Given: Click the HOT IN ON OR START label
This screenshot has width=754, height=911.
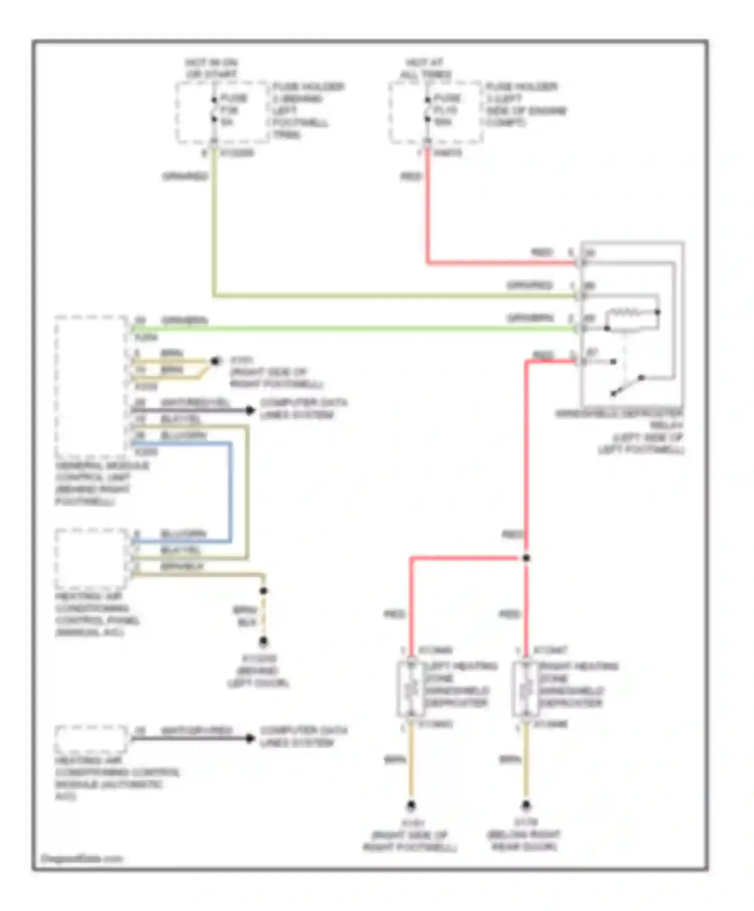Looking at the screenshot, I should pos(211,68).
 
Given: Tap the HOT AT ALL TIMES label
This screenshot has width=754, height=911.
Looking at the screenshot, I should pos(425,68).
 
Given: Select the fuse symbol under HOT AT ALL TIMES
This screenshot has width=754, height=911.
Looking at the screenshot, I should pos(427,109).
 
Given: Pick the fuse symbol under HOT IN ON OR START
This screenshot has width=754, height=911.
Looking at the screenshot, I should pos(214,109).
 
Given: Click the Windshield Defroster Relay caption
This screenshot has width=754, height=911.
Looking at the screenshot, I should pos(619,431).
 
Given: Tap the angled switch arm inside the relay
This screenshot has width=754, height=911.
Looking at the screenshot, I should pos(627,385).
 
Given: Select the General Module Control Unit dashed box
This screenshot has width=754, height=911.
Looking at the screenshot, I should pos(91,386).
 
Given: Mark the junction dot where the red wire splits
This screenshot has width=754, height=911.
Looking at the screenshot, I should pos(526,558).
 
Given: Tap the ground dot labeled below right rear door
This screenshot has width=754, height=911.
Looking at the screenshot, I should pos(526,806).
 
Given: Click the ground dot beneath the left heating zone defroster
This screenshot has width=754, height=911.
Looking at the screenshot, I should pos(411,806).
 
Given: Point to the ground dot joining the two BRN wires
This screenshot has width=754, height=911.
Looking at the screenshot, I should pos(216,361).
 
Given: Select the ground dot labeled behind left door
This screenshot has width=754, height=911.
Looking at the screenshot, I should pos(263,642).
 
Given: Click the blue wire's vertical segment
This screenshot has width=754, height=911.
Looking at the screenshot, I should pos(231,492).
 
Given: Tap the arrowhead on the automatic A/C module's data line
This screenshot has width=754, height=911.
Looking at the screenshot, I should pos(250,738).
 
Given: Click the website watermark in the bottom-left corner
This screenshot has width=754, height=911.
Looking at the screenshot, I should pos(81,858).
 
